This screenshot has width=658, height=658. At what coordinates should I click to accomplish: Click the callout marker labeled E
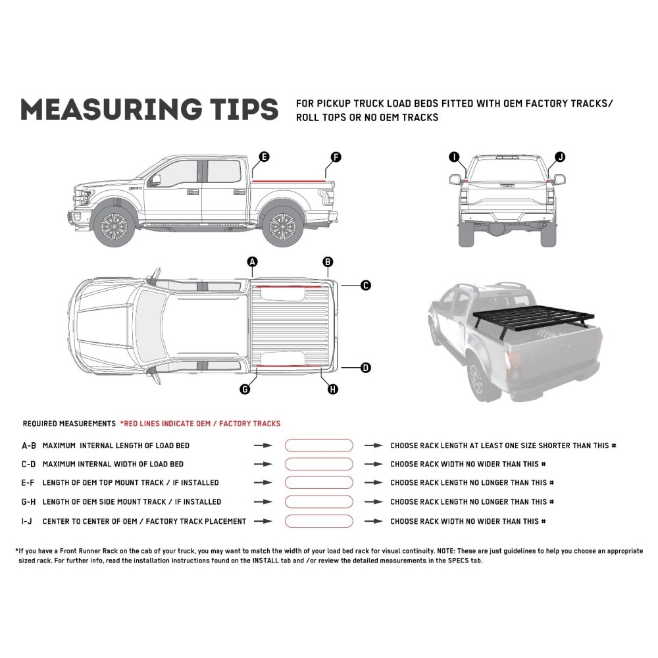click(x=263, y=157)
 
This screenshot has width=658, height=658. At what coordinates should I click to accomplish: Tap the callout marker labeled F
click(x=336, y=157)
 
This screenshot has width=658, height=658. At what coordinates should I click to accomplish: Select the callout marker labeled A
click(x=252, y=262)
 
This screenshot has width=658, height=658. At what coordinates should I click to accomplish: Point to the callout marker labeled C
click(x=366, y=286)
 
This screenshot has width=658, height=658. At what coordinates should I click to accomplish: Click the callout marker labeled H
click(x=333, y=390)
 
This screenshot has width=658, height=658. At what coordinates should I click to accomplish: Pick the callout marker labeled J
click(x=560, y=157)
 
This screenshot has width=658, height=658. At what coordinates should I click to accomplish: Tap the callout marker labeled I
click(x=453, y=157)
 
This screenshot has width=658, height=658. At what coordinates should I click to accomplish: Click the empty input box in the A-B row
click(x=319, y=445)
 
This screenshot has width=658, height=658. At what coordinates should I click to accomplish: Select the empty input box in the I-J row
click(x=319, y=521)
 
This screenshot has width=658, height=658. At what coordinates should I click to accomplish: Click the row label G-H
click(x=29, y=502)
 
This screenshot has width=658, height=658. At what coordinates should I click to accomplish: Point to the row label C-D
click(x=29, y=464)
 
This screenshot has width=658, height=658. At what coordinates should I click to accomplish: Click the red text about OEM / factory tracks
click(x=200, y=424)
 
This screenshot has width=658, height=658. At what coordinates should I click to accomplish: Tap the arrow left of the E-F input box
click(x=263, y=483)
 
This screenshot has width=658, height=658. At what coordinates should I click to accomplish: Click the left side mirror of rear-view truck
click(x=454, y=179)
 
